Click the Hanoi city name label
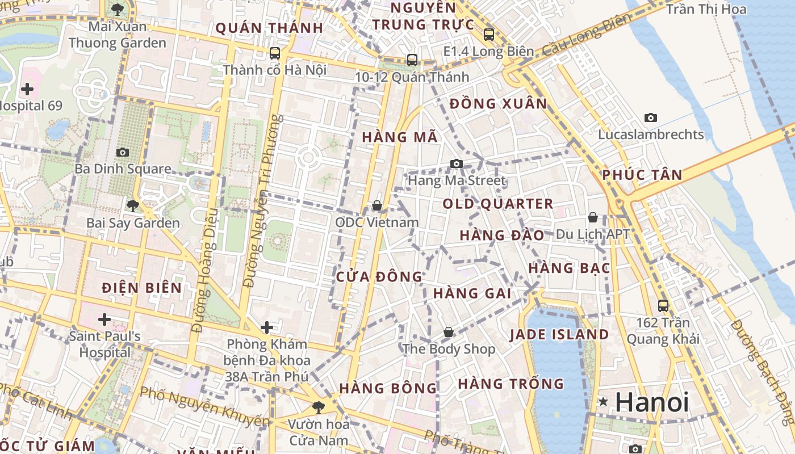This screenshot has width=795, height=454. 652,402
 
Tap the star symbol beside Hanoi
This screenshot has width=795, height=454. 603,402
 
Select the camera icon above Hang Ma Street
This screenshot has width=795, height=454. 456,164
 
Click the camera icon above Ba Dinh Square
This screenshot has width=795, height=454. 122,152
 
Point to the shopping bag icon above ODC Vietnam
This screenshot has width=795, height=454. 376,205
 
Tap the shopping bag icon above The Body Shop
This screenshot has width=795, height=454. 449,332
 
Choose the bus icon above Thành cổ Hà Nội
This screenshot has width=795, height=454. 275,53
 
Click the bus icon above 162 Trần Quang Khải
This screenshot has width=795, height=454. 663,305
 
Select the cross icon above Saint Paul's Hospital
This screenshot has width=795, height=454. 104,320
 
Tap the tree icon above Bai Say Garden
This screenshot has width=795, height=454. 133,205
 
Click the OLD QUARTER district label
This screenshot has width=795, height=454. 497,204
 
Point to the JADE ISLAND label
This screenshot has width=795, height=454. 559,334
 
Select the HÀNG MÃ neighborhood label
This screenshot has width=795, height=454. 400,137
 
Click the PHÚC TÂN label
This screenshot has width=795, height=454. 642,175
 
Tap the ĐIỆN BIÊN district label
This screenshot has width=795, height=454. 142,288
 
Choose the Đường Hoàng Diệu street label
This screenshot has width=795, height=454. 205,271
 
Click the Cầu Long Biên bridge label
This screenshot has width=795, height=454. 587,35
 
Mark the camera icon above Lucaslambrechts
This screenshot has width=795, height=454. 651,118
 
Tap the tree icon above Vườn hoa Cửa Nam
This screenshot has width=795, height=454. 318,407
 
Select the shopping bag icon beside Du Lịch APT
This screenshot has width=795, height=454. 593,217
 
